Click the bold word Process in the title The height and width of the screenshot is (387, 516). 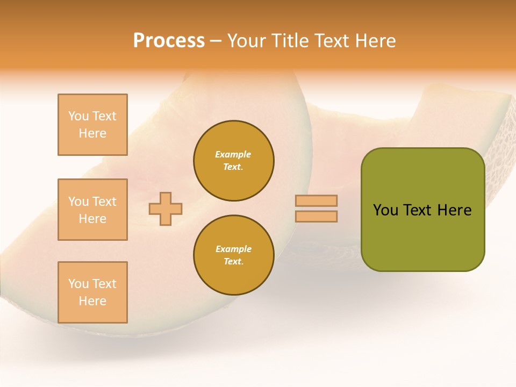click(169, 41)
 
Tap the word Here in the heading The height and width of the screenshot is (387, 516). click(376, 41)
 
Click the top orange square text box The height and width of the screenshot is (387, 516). click(92, 125)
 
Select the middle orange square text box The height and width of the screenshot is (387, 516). click(92, 210)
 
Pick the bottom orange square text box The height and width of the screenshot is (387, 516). click(92, 292)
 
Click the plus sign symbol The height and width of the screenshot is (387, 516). click(166, 209)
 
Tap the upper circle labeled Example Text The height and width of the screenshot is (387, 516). click(233, 161)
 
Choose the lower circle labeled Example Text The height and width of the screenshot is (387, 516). click(233, 255)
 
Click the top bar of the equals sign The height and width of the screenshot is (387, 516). click(316, 200)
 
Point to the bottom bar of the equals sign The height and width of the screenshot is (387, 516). click(316, 216)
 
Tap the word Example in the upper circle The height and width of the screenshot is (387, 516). click(233, 155)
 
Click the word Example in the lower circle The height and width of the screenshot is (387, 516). click(233, 249)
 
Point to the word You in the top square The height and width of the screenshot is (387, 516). click(78, 116)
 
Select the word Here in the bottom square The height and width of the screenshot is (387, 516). click(92, 301)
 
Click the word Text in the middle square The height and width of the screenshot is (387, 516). click(104, 202)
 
